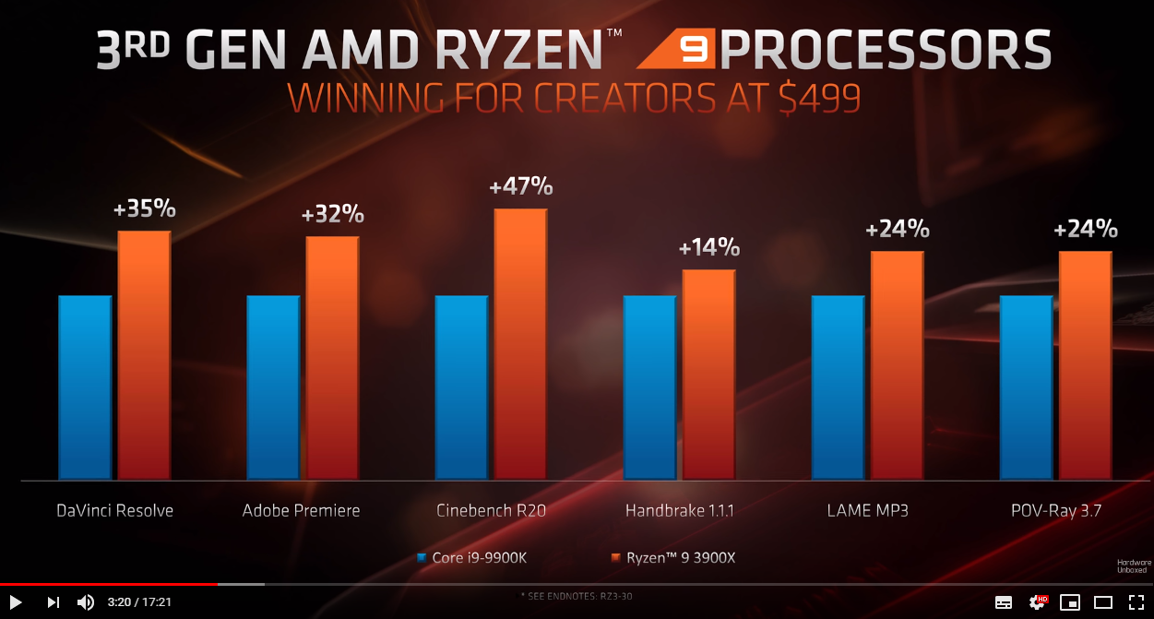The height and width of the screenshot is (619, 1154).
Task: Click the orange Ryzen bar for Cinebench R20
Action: point(520,344)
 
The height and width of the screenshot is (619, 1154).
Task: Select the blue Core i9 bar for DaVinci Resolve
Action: point(85,387)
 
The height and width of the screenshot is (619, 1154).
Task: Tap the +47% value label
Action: point(521,186)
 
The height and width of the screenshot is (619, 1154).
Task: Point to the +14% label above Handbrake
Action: point(709,247)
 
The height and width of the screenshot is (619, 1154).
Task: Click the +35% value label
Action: point(144,208)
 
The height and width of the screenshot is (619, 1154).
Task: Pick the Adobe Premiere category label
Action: point(301,510)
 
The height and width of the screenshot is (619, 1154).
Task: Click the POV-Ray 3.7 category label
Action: point(1056,510)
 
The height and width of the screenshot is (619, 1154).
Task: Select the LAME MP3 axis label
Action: point(867,510)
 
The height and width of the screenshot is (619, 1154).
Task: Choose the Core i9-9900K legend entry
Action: point(472,558)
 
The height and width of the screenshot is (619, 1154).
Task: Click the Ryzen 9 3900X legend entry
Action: point(672,558)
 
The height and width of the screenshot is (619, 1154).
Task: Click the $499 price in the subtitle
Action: point(819,97)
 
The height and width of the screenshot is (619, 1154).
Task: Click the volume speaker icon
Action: point(86,602)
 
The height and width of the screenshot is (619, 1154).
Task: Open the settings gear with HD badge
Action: point(1038,601)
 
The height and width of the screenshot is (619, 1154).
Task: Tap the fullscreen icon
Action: point(1136,602)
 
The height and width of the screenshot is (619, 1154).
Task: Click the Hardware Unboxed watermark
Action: point(1134,565)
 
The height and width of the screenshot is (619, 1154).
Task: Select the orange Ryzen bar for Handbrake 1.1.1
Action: point(708,375)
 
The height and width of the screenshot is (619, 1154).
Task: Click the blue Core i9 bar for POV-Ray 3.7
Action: point(1026,387)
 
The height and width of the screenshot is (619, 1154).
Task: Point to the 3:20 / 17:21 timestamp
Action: point(139,602)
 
